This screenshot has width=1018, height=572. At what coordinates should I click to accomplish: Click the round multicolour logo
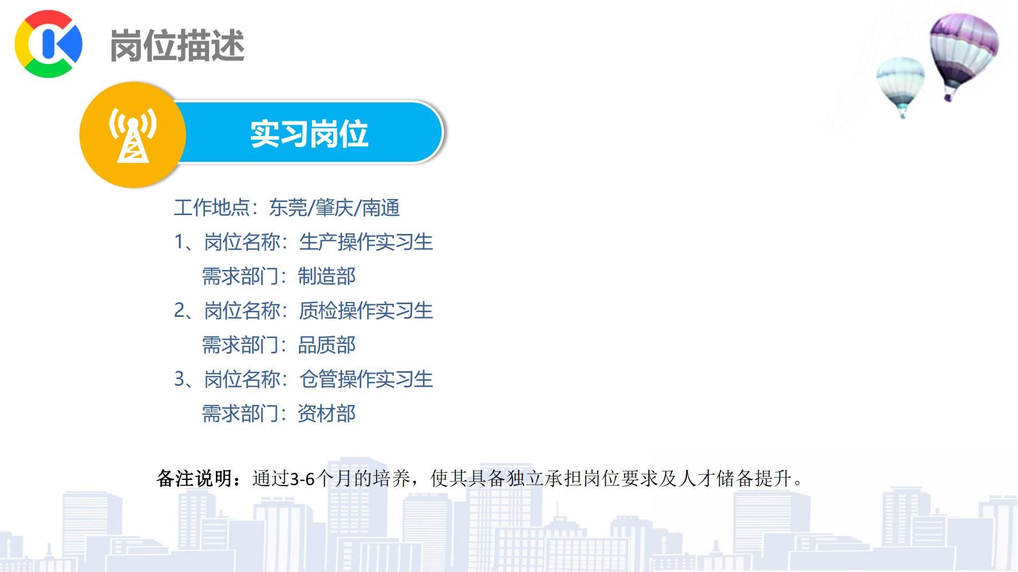click(x=49, y=43)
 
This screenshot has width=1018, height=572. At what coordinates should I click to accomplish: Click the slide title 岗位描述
click(x=177, y=45)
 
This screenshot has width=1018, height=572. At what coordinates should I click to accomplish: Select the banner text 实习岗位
click(x=309, y=134)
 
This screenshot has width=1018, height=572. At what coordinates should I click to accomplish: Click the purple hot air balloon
click(x=964, y=55)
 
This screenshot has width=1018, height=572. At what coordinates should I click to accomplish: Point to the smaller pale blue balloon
click(x=900, y=86)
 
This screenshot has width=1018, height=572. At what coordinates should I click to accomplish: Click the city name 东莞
click(x=288, y=208)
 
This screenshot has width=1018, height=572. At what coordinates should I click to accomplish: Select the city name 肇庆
click(x=334, y=208)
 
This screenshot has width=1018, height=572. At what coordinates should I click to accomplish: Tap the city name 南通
click(x=381, y=208)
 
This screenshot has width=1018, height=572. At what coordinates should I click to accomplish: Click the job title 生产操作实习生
click(x=366, y=242)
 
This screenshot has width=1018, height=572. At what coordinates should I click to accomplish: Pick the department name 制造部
click(x=327, y=276)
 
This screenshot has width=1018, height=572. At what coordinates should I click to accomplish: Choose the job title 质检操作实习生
click(x=366, y=311)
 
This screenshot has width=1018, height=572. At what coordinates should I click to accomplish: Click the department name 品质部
click(x=327, y=345)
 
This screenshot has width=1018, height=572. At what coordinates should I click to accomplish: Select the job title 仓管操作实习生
click(x=366, y=379)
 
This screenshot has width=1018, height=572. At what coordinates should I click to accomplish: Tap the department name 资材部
click(x=327, y=414)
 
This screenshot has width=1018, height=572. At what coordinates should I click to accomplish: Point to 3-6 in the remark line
click(x=303, y=479)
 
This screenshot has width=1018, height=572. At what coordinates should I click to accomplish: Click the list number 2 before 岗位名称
click(x=180, y=311)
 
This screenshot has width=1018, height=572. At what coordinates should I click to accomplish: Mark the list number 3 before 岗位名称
click(x=180, y=379)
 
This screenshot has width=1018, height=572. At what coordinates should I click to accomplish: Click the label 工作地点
click(x=212, y=208)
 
